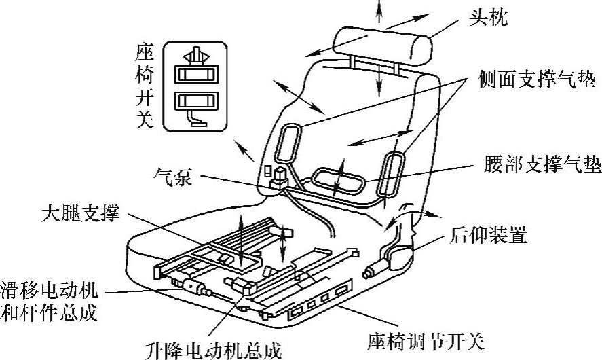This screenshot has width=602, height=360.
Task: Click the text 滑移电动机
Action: (49, 291)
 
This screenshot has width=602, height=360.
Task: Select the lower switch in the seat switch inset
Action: (193, 102)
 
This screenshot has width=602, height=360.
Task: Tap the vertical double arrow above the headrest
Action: (379, 12)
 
